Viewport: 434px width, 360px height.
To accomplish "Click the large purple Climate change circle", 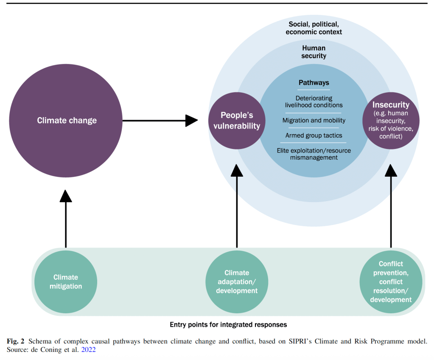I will (67, 121).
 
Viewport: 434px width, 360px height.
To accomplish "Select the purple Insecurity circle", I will (391, 121).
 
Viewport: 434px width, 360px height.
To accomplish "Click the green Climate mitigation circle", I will (66, 282).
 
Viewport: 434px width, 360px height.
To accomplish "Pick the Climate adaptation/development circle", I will (237, 282).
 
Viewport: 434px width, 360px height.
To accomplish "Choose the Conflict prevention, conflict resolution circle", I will (391, 282).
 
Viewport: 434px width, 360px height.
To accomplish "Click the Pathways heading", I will (314, 83).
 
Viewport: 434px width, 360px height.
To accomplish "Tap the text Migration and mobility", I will (314, 121).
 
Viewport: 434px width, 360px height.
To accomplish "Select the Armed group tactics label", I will (314, 136).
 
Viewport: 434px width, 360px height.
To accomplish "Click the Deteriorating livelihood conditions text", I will (314, 102).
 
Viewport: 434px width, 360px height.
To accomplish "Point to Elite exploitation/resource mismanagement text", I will (314, 154).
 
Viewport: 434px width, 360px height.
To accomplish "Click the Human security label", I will (314, 52).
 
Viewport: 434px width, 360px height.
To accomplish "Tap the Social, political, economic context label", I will (314, 28).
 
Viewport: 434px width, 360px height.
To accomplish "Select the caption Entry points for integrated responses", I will (228, 325).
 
